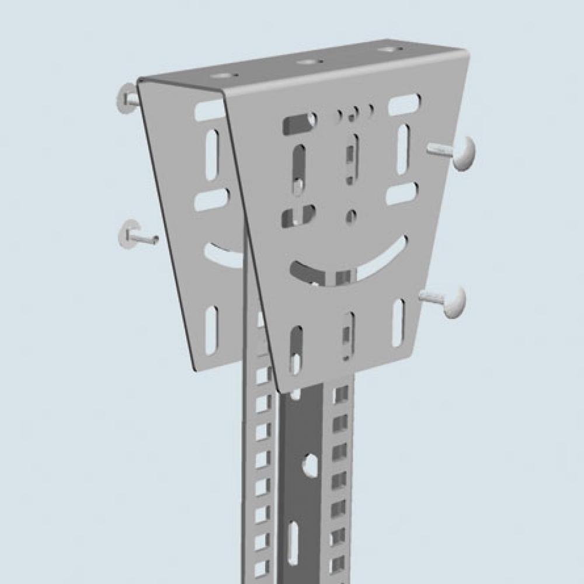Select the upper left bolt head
point(126,98)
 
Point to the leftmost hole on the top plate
point(222,76)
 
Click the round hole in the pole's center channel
point(308,465)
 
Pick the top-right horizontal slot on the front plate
point(404,105)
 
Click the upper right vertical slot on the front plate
point(403,150)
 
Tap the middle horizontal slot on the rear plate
point(211,200)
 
